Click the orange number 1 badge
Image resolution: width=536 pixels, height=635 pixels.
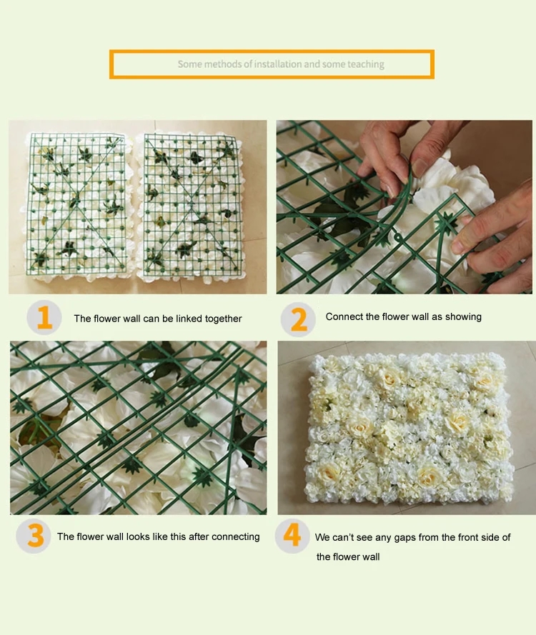[44, 317]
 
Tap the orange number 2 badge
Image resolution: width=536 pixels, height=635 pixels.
[298, 319]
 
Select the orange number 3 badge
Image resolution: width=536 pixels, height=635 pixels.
[33, 536]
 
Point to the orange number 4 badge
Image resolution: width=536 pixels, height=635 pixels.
[292, 536]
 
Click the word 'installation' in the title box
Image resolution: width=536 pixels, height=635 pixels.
[278, 64]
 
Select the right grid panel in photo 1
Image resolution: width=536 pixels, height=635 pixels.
[190, 206]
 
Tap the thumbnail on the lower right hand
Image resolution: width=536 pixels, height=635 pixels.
[405, 428]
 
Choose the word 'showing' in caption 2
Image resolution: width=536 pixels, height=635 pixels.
[463, 317]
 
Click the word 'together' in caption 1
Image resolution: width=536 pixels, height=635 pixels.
[223, 319]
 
